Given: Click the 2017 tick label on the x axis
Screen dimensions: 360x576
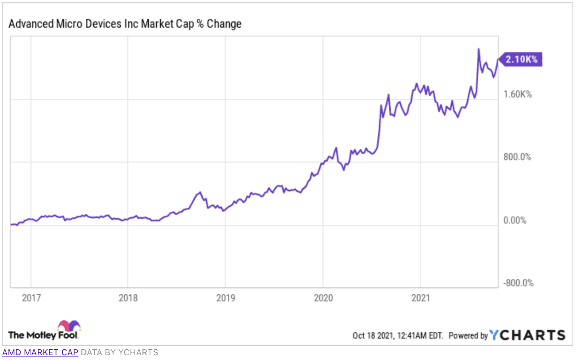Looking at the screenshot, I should (x=31, y=298).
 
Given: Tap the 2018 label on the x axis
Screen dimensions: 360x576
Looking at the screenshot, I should (x=128, y=298).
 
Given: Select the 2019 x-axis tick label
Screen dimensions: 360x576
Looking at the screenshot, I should (x=225, y=298).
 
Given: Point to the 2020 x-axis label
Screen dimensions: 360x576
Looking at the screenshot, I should (x=323, y=298).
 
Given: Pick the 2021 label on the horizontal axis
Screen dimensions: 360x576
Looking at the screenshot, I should (x=420, y=298).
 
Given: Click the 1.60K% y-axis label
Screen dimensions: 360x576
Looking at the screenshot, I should (x=517, y=94).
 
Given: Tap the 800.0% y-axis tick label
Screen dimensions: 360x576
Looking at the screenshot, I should (x=517, y=157).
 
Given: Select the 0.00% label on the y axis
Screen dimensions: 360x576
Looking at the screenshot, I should (x=515, y=220).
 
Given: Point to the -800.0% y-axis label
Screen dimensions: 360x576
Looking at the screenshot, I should (x=518, y=283).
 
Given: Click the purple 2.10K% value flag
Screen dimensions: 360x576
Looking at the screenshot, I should (x=520, y=59).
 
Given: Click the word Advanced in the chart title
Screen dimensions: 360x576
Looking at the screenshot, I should (x=31, y=24).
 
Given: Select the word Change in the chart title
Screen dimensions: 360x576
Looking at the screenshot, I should (x=224, y=24).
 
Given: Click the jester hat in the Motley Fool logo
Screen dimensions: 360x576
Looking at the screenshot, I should (x=69, y=326).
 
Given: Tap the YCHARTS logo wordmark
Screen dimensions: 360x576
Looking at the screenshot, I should (x=527, y=335).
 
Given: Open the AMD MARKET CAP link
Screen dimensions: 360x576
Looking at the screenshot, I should (x=40, y=352).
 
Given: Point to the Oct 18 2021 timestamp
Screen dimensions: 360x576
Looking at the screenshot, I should (x=397, y=336).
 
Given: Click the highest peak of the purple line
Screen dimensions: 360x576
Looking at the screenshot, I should (x=479, y=49).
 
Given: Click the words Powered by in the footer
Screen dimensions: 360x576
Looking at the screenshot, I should (x=468, y=336).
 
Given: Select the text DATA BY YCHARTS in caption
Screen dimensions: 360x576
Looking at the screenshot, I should (x=119, y=352).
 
